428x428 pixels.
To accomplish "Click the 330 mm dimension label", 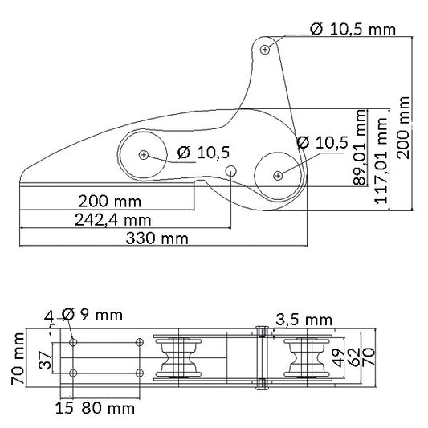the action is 157,238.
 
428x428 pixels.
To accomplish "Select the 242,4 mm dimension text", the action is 112,220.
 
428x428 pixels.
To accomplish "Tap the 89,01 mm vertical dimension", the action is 360,148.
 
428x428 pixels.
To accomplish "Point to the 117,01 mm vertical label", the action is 381,161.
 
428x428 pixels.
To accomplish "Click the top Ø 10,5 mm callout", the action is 353,29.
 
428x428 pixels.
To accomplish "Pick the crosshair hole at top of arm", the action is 265,50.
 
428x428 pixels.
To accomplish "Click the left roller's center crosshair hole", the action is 144,155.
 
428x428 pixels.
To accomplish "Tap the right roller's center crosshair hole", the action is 278,176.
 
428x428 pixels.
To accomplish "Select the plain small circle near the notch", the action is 231,171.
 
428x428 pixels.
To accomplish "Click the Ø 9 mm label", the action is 92,315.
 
